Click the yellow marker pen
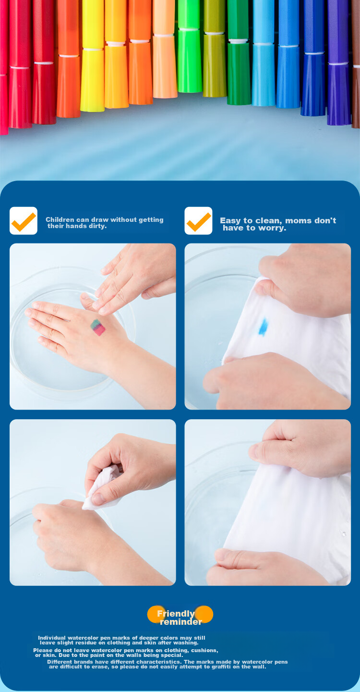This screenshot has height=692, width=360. [x=92, y=56]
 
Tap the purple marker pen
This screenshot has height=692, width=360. [x=339, y=62]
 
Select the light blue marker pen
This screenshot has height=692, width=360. [x=264, y=52]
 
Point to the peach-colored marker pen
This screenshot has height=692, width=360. [x=165, y=49]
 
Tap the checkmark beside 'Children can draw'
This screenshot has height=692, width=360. [x=24, y=221]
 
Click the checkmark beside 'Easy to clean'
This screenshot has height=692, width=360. [x=199, y=221]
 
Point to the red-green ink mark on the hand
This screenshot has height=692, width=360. [x=98, y=328]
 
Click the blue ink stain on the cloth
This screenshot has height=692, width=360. [x=263, y=327]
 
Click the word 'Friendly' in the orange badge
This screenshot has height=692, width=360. [x=176, y=614]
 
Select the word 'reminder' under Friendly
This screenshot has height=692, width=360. [x=181, y=621]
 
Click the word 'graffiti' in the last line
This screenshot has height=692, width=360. [x=220, y=667]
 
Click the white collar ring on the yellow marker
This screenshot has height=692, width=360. [x=92, y=49]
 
